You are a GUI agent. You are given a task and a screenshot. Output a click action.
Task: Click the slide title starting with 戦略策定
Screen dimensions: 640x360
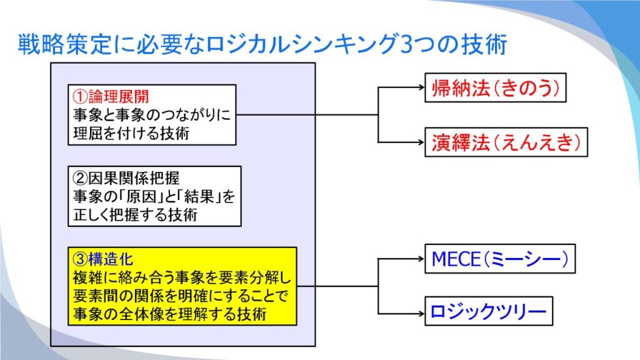(x=262, y=44)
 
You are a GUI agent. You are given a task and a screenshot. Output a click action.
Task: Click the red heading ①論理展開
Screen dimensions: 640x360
(x=111, y=97)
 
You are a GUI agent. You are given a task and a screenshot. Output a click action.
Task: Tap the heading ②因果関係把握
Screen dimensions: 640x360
(x=126, y=178)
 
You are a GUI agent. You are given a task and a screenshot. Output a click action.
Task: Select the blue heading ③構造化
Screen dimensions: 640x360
(x=103, y=259)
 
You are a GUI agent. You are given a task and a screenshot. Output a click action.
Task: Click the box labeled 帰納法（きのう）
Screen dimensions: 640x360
(x=496, y=87)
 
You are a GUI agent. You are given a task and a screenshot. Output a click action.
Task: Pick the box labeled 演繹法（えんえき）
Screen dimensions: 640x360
(x=506, y=142)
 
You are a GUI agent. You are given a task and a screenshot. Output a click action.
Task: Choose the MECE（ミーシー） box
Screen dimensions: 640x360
(x=500, y=259)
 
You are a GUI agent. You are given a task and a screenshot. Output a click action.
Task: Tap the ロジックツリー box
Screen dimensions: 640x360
(x=489, y=311)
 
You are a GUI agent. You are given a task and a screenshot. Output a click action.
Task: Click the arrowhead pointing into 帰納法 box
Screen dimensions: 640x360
(x=422, y=87)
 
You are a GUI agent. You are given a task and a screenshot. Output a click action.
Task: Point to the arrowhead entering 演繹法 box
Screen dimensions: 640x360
(x=422, y=142)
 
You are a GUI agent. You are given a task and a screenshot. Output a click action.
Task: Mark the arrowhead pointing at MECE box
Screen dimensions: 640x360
(x=422, y=258)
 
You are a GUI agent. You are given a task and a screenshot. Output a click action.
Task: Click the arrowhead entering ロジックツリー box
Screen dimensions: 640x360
(x=422, y=314)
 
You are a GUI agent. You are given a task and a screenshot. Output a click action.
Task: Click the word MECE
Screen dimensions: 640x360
(x=456, y=259)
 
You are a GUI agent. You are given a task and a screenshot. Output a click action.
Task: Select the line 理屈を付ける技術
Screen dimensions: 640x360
(x=131, y=133)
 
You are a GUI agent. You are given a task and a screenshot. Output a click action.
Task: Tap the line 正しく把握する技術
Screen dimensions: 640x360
(x=136, y=214)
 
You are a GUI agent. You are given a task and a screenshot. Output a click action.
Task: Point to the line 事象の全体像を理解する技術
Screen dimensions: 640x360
(x=170, y=314)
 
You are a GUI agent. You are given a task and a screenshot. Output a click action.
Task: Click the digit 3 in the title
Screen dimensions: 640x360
(x=406, y=44)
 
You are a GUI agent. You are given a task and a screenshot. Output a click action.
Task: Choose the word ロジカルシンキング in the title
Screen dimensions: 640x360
(x=303, y=44)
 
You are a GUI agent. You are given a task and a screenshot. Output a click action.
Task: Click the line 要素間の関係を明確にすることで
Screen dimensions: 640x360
(x=181, y=296)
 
